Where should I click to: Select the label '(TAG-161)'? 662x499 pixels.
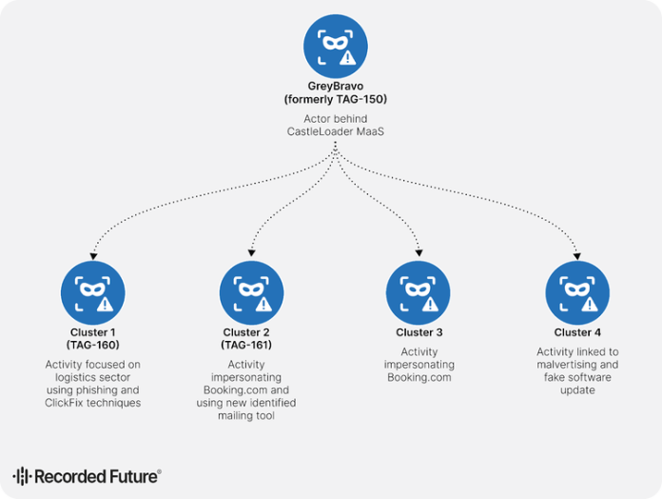pyautogui.click(x=246, y=345)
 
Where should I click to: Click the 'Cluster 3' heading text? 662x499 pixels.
pyautogui.click(x=419, y=332)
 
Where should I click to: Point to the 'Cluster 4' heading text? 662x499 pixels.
pyautogui.click(x=577, y=332)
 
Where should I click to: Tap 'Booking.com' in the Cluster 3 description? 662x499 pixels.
pyautogui.click(x=419, y=378)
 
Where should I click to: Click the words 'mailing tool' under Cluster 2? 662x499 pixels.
pyautogui.click(x=246, y=416)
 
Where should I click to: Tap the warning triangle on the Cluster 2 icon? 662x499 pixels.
pyautogui.click(x=265, y=304)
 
